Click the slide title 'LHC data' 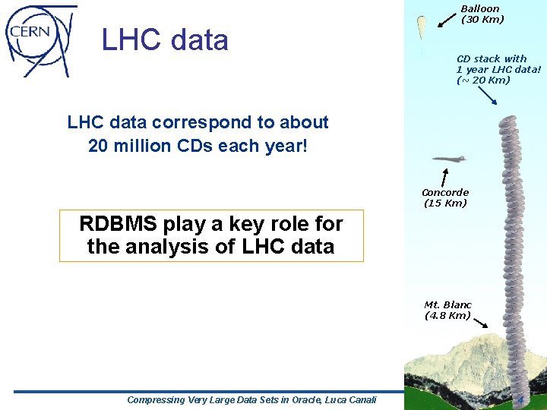pyautogui.click(x=165, y=39)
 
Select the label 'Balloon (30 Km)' pyautogui.click(x=482, y=14)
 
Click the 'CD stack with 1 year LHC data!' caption pyautogui.click(x=498, y=69)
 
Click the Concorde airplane pyautogui.click(x=451, y=159)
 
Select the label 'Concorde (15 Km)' pyautogui.click(x=445, y=198)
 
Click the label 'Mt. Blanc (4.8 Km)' pyautogui.click(x=447, y=310)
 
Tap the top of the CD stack pyautogui.click(x=507, y=120)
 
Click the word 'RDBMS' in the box pyautogui.click(x=117, y=224)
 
